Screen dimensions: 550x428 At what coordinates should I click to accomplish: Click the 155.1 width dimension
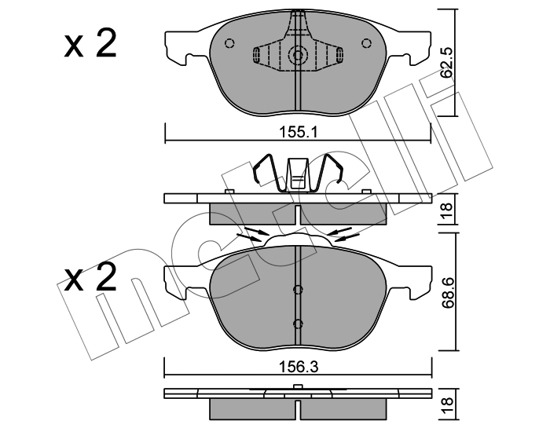298,133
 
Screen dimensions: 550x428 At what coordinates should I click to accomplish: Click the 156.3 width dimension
298,367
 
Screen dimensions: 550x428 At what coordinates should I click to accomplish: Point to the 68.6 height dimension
447,293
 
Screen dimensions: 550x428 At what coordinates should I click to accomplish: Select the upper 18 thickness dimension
447,210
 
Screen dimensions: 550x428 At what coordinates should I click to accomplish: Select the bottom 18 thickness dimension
447,405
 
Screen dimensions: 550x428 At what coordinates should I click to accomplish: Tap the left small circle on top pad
229,43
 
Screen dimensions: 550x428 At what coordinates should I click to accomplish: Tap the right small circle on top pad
366,43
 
